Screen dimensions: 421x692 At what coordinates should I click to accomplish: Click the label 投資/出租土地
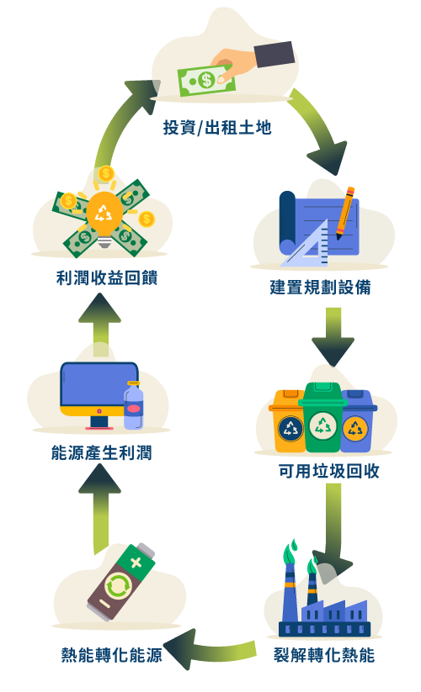coord(217,128)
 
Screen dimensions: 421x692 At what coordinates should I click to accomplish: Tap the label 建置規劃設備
coord(320,287)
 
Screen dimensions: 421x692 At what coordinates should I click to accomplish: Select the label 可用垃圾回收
coord(328,471)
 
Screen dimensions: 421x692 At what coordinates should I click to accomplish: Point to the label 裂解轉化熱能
coord(324,654)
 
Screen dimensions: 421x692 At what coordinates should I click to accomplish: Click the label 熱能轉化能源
coord(112,654)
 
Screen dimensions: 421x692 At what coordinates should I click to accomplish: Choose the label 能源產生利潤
coord(102,453)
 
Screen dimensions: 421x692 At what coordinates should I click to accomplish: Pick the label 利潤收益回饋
coord(107,278)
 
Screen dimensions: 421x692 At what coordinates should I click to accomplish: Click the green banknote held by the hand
coord(205,81)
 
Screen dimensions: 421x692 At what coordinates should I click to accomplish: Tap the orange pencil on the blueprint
coord(345,214)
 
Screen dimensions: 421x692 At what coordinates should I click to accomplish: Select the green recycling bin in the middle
coord(322,416)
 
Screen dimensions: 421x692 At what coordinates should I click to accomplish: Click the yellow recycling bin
coord(288,421)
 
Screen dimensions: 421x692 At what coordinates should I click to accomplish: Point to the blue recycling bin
coord(358,421)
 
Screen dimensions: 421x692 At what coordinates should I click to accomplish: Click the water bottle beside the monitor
coord(133,405)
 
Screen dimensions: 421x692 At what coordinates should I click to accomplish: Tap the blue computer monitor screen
coord(99,385)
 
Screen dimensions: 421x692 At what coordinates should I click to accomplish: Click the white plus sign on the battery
coord(136,563)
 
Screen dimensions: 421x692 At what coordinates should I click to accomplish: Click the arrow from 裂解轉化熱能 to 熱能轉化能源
coord(210,649)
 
